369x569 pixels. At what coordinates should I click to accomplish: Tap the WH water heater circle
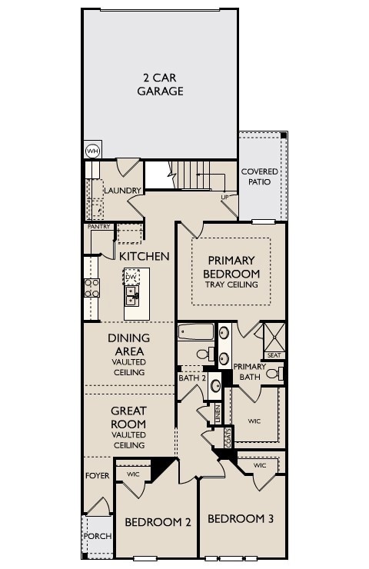92,151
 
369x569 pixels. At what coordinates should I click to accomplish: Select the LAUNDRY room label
122,190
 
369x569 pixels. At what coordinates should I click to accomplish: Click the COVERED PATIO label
260,176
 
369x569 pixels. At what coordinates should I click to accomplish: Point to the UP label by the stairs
225,197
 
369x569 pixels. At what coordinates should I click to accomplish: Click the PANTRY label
99,227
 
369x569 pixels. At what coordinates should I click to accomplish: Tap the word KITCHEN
144,255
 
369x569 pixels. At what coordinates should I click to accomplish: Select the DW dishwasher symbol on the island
131,277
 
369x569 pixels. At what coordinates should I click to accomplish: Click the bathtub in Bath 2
197,333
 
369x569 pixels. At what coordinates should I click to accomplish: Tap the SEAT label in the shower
274,355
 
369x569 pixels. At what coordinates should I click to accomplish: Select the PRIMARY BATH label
249,371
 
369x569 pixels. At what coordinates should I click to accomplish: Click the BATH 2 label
191,378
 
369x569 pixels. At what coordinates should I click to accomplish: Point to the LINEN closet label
218,412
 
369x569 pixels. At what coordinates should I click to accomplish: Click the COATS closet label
228,438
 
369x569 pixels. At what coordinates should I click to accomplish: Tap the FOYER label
97,476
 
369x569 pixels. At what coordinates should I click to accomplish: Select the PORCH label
97,536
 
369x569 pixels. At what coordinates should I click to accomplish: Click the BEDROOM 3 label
241,518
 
